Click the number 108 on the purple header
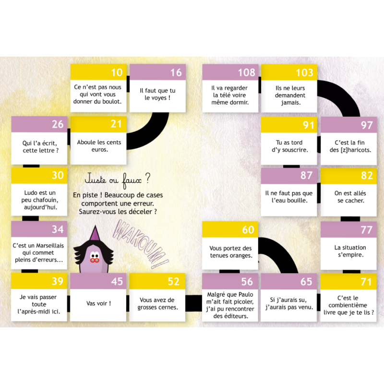[x=247, y=72]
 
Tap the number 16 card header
[x=176, y=72]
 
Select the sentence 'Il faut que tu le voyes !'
[x=157, y=94]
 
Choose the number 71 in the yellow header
[x=366, y=282]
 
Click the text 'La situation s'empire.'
[x=350, y=251]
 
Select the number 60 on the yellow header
[x=248, y=230]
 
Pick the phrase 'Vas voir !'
[x=98, y=303]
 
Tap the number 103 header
[x=304, y=72]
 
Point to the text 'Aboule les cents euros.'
[x=99, y=146]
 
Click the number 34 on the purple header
[x=58, y=229]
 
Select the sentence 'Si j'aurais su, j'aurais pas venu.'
[x=289, y=303]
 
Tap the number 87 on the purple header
[x=306, y=176]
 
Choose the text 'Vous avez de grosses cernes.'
[x=157, y=303]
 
